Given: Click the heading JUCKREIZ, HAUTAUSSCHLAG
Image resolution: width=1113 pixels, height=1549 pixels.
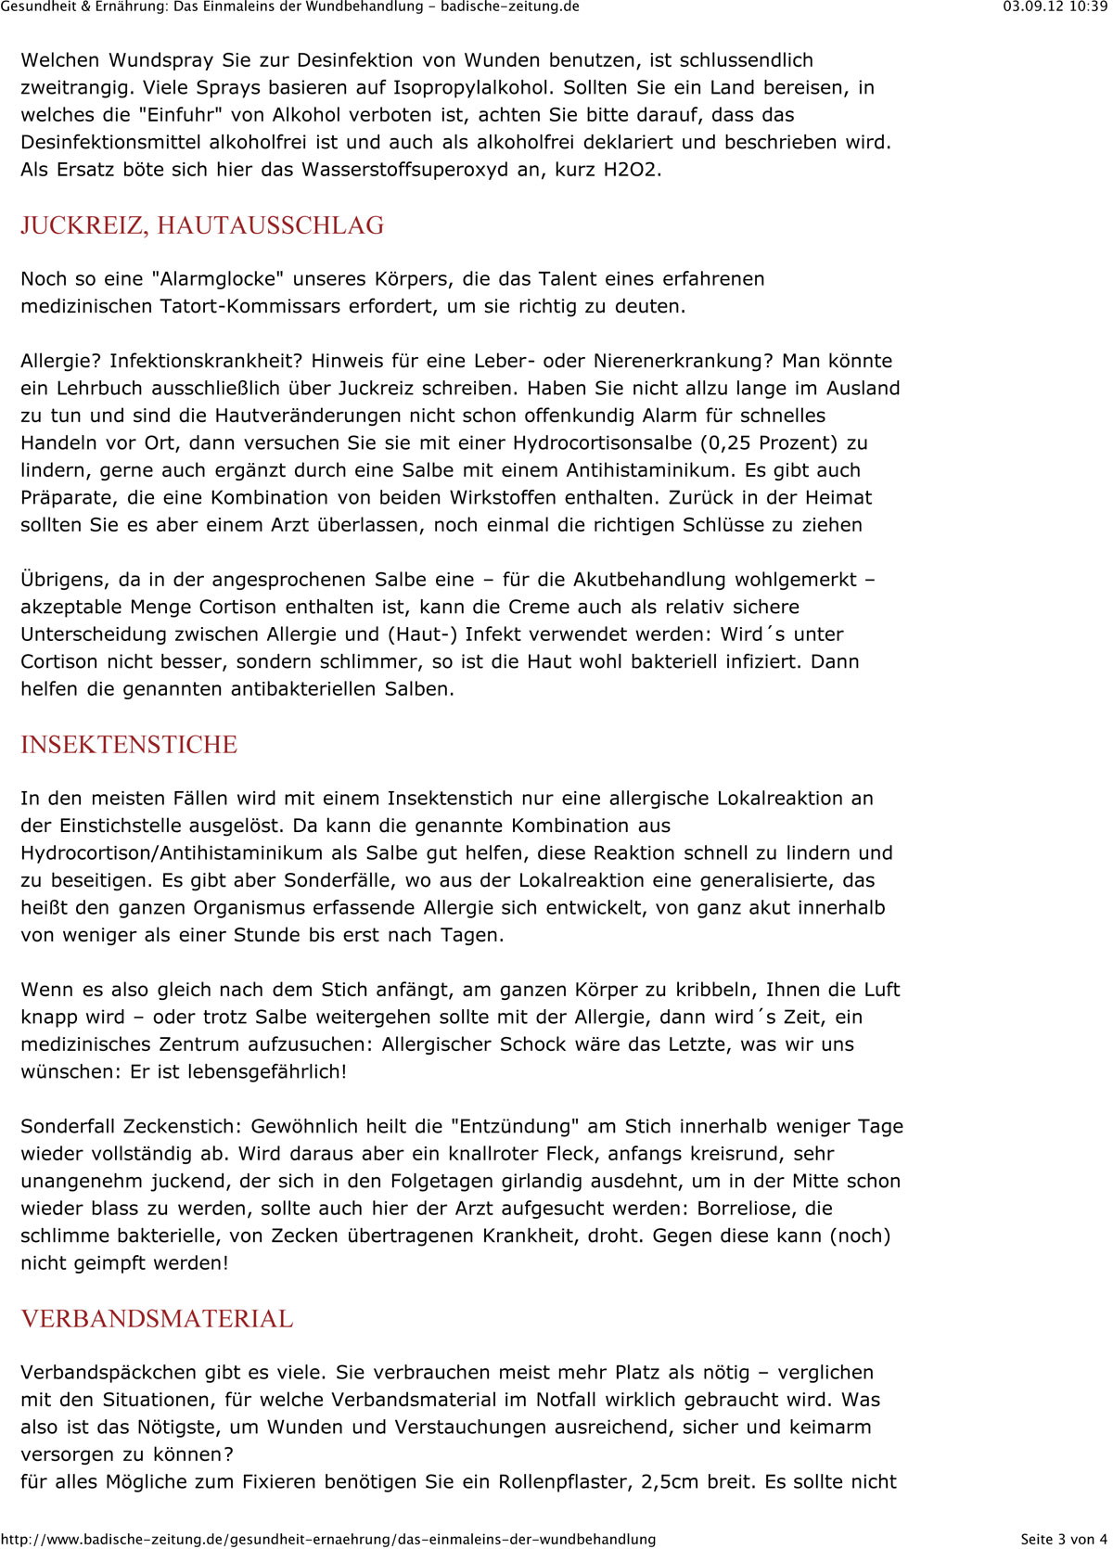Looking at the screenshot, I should (x=202, y=225).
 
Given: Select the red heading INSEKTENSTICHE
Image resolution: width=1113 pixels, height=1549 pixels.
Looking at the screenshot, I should (x=129, y=745).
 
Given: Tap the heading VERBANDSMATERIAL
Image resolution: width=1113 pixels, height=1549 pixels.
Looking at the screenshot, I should (x=157, y=1319).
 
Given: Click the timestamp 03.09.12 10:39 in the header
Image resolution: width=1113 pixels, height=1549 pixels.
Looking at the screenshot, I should (x=1055, y=6).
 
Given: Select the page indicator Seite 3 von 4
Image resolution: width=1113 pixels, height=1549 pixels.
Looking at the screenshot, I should (x=1064, y=1539).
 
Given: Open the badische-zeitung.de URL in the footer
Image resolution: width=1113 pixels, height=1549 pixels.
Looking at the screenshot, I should (x=328, y=1539).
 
